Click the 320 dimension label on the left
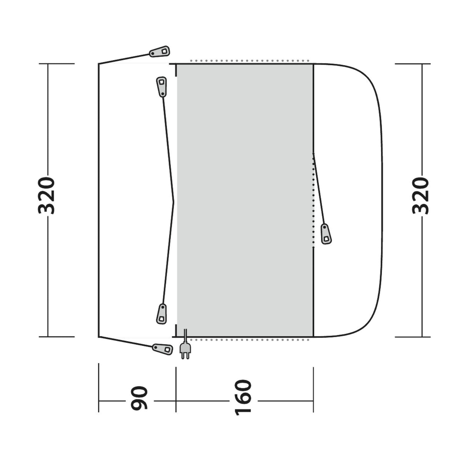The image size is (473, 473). tap(47, 195)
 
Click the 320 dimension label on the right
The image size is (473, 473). tap(421, 195)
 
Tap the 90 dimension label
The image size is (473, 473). tap(139, 398)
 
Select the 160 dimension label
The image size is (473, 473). tap(243, 398)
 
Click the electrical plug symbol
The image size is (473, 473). tap(185, 351)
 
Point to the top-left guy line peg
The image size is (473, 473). tap(160, 52)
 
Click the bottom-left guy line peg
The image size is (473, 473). tap(163, 349)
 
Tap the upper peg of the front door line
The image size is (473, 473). tap(161, 86)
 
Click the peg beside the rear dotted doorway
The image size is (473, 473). tap(326, 234)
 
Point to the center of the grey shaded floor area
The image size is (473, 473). tap(245, 200)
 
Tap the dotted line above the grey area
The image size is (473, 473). tap(250, 61)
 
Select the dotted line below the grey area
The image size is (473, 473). tap(250, 340)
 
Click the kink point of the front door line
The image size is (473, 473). tap(174, 202)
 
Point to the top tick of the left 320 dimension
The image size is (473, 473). tap(56, 64)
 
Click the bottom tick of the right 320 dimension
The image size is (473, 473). tap(413, 337)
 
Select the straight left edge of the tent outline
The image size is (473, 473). tap(98, 200)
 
